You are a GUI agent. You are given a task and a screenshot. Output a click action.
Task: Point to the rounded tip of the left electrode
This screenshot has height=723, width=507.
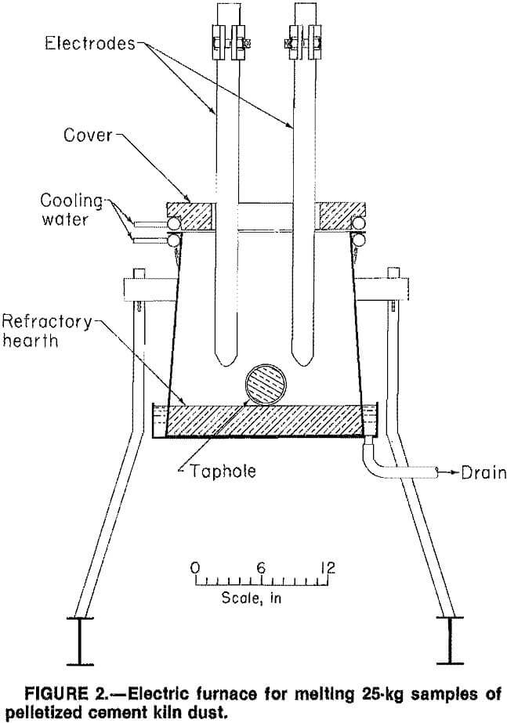pos(225,360)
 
